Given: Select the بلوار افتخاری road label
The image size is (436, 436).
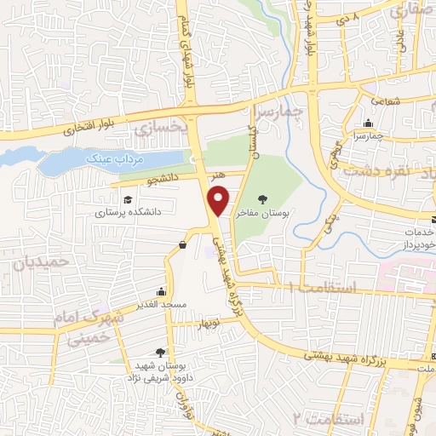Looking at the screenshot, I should point(95,126).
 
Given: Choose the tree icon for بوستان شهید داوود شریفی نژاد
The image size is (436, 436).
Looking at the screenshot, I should point(160,352).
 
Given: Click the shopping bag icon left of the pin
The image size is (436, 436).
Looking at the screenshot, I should point(182,245).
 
